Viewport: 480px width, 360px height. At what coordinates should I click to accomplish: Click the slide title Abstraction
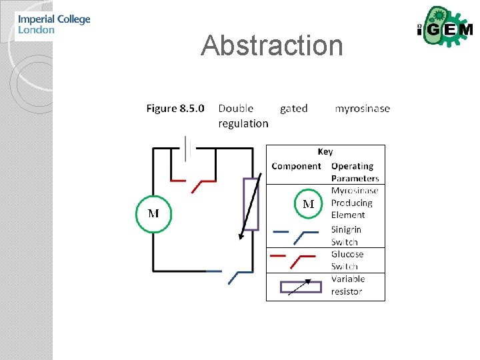[x=272, y=45]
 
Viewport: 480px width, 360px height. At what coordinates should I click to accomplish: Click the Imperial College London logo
[x=53, y=25]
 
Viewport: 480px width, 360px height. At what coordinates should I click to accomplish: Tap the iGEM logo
[x=444, y=29]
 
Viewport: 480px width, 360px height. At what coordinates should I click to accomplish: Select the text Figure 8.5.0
[x=175, y=108]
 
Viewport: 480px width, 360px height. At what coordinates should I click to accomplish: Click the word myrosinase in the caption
[x=362, y=108]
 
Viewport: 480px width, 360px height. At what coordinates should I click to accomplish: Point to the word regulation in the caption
[x=243, y=123]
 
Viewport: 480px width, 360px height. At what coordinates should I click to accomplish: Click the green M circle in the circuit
[x=153, y=213]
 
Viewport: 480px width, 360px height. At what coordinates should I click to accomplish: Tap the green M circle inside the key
[x=309, y=204]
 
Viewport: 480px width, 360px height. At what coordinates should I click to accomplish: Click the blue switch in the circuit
[x=230, y=273]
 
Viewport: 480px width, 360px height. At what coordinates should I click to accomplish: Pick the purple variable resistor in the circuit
[x=251, y=203]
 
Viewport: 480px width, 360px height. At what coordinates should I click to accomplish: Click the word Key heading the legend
[x=325, y=152]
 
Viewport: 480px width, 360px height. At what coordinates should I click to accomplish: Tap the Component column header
[x=296, y=166]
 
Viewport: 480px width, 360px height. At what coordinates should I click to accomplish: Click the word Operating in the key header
[x=352, y=166]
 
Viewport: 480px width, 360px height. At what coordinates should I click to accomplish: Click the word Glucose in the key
[x=347, y=254]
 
